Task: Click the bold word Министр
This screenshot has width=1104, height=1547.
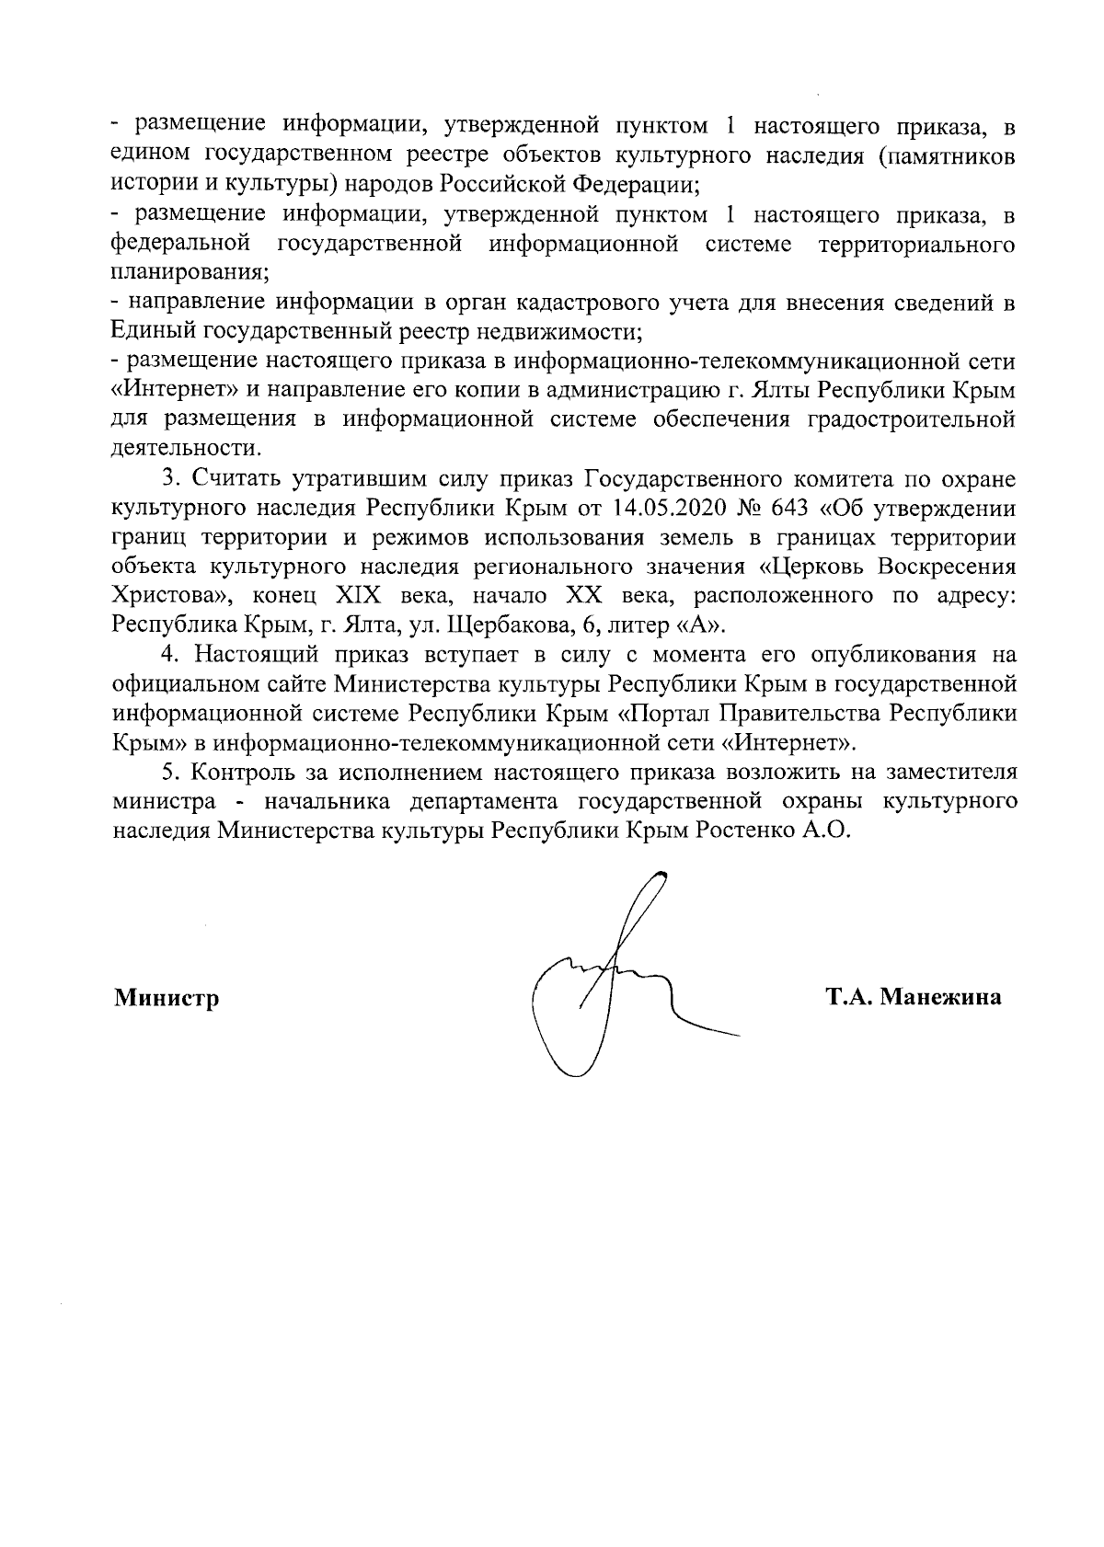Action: (x=167, y=999)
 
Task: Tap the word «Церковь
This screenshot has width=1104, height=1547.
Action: (x=821, y=567)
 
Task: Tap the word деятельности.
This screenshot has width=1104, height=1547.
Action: (x=185, y=449)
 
